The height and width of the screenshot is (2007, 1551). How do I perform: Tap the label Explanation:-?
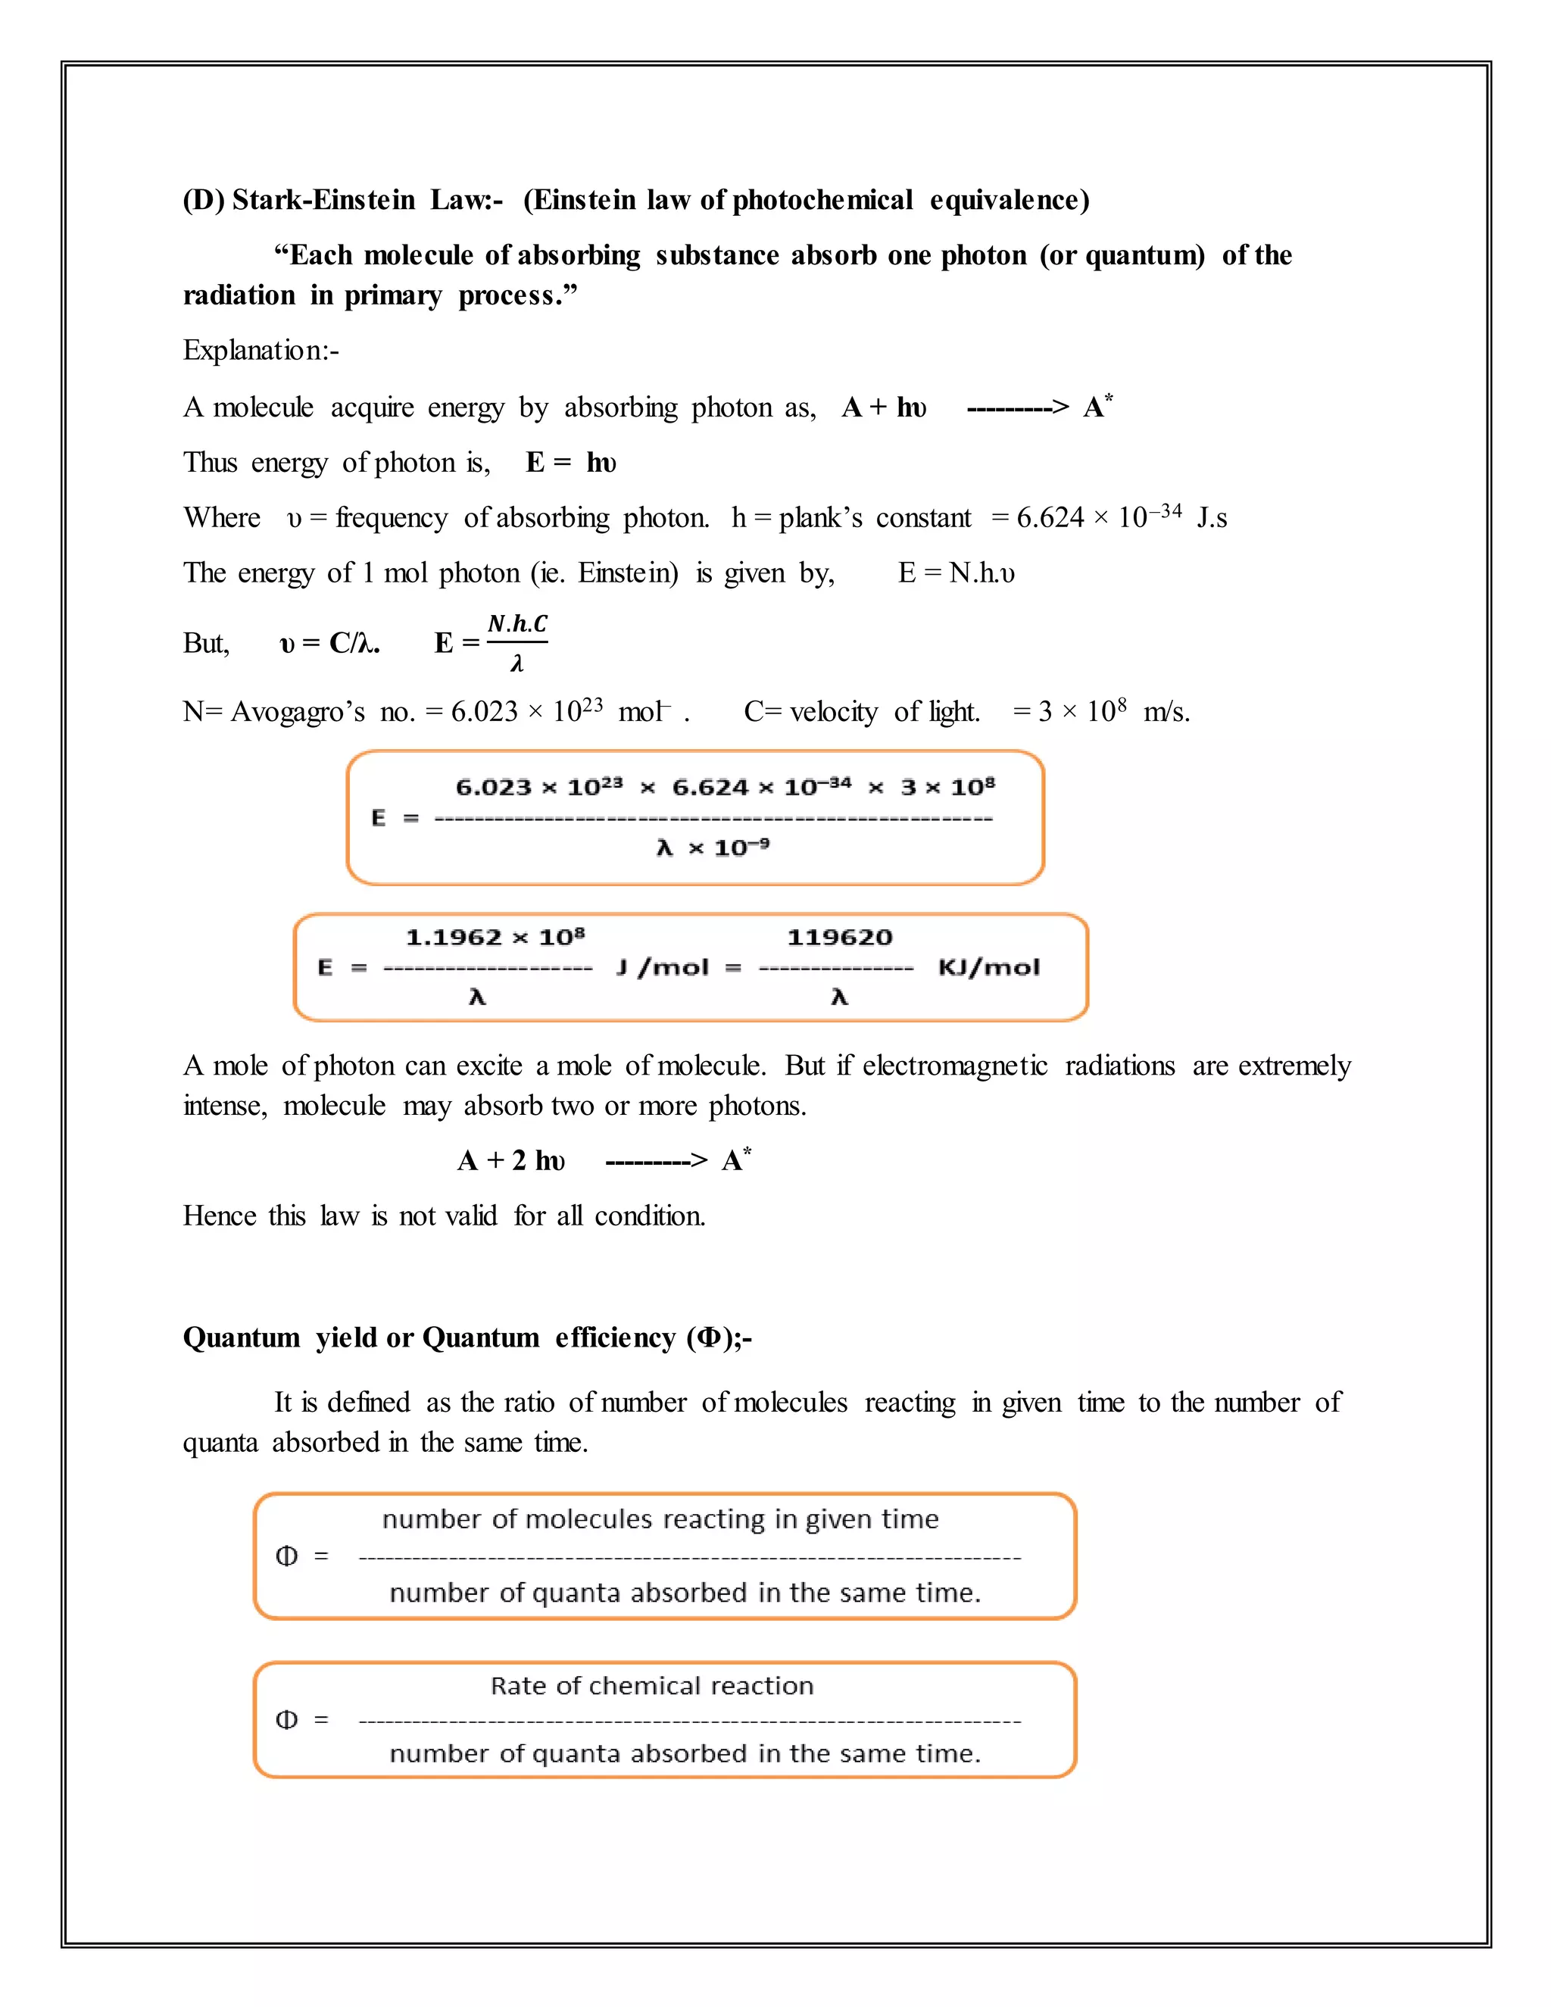[x=261, y=350]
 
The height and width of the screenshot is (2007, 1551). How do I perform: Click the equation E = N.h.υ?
[x=956, y=573]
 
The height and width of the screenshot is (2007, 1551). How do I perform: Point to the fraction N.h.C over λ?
[x=516, y=642]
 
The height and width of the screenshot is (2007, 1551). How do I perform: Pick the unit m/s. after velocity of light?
[x=1166, y=711]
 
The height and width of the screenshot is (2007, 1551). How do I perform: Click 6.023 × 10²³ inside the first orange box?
[x=539, y=788]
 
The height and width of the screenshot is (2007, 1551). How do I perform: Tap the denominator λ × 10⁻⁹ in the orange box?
[x=713, y=847]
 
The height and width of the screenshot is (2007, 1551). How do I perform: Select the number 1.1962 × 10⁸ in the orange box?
[x=495, y=938]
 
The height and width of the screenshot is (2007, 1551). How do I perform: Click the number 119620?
[x=839, y=938]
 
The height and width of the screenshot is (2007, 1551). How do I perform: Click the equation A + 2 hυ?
[x=511, y=1160]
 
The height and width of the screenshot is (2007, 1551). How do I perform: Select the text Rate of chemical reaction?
[x=651, y=1685]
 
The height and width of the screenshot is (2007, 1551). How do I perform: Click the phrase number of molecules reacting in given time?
[x=660, y=1519]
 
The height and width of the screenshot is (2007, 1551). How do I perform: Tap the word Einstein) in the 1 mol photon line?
[x=628, y=573]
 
